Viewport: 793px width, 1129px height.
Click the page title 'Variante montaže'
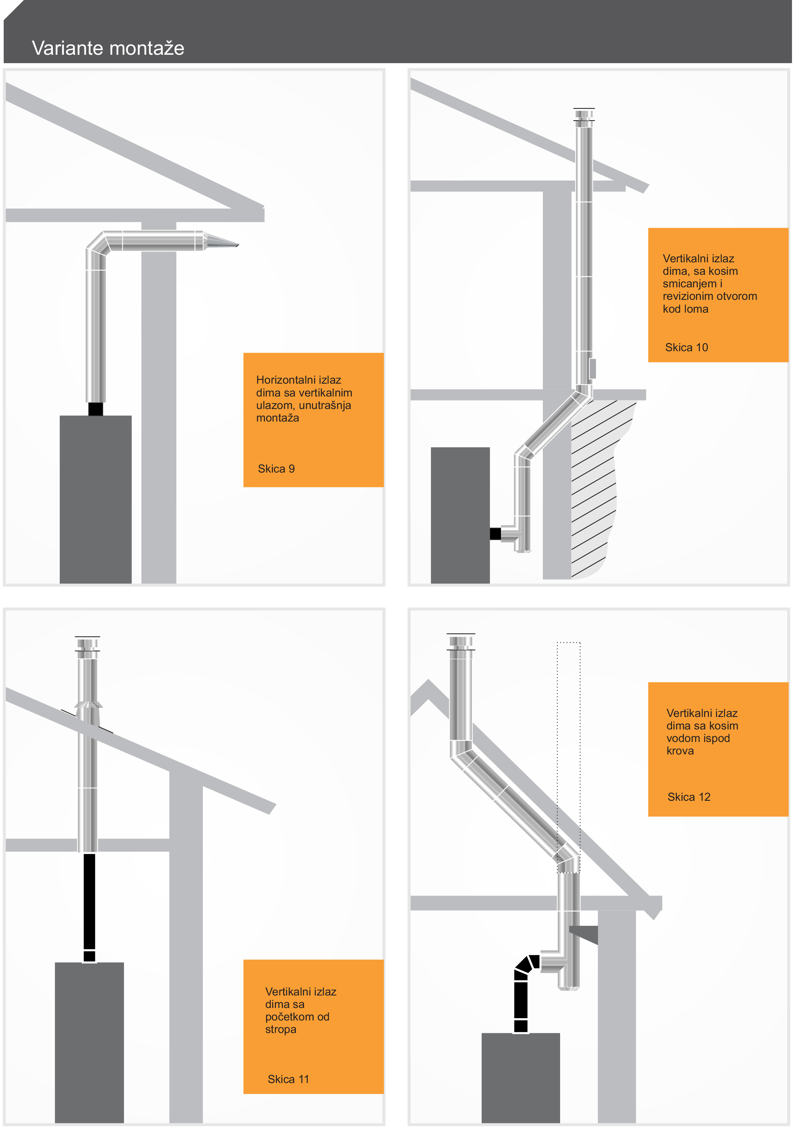pos(108,48)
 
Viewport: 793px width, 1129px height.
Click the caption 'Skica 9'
pos(276,469)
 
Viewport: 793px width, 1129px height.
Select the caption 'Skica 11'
pos(288,1079)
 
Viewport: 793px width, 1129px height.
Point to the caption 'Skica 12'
pos(689,797)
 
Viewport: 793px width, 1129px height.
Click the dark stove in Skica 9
pos(95,499)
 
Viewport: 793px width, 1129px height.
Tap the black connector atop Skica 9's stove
pos(95,409)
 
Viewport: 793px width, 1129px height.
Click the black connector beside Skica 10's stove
pos(495,533)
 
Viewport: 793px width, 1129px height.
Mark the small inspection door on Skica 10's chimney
pos(593,369)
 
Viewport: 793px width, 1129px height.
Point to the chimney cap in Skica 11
pos(88,647)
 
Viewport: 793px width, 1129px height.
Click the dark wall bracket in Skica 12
pos(583,934)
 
